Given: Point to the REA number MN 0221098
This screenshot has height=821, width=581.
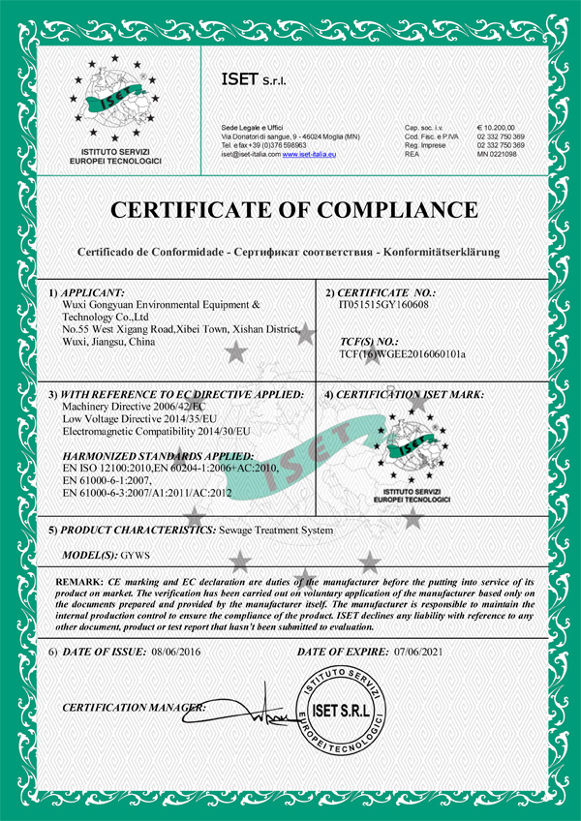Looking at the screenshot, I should [502, 154].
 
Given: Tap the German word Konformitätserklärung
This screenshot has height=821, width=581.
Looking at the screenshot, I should [442, 251].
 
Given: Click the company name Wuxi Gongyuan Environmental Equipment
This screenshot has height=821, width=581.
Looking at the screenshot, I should [154, 304].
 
